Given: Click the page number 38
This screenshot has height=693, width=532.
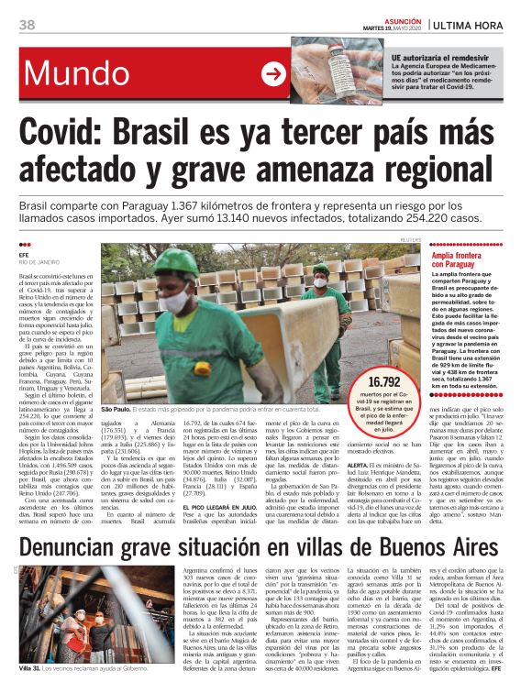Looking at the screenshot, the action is click(27, 24).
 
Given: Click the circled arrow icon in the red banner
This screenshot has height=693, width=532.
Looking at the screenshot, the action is click(272, 75).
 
